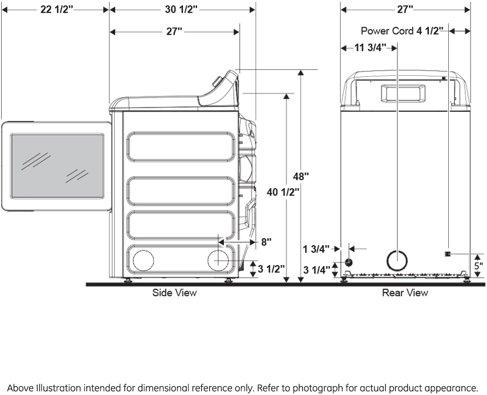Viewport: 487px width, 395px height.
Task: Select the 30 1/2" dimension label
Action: click(x=181, y=9)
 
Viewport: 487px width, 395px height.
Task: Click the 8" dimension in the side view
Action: click(x=266, y=241)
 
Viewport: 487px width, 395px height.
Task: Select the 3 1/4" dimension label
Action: click(x=317, y=269)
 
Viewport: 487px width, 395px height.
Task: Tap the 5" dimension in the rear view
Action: click(x=479, y=266)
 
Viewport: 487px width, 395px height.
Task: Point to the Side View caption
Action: click(x=174, y=294)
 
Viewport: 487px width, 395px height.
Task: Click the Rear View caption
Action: click(x=405, y=294)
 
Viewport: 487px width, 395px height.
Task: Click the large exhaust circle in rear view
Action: click(x=396, y=260)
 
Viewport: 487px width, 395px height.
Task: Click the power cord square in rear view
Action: click(x=448, y=254)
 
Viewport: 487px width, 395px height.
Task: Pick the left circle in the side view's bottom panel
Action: click(x=143, y=260)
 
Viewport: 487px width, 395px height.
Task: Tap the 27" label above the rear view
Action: click(x=405, y=9)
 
